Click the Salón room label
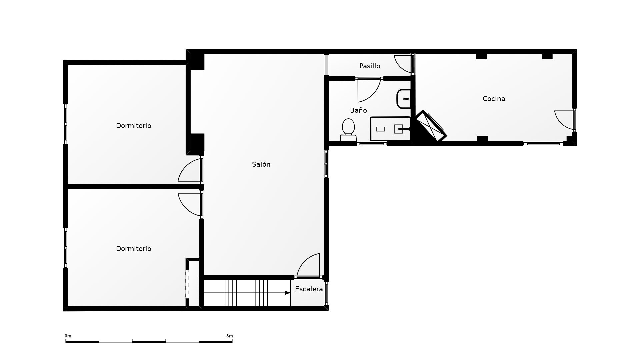point(261,164)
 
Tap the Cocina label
point(494,99)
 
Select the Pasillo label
point(370,66)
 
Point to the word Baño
point(358,110)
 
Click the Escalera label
point(309,289)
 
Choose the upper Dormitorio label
point(133,126)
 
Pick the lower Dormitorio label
point(133,249)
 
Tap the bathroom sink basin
point(404,99)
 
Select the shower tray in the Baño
point(390,129)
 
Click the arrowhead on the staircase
point(287,293)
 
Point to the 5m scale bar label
point(229,336)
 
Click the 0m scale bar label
point(68,336)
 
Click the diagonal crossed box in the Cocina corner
point(431,126)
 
